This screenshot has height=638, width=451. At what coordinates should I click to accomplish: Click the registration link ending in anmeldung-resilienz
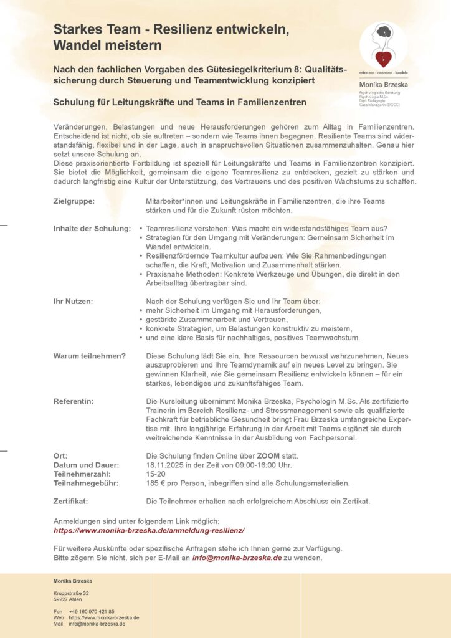[x=149, y=530]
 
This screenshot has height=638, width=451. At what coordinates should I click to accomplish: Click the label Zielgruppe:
[x=74, y=201]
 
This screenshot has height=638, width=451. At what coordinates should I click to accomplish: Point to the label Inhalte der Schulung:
[x=92, y=228]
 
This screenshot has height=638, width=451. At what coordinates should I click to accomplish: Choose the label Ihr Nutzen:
[x=74, y=302]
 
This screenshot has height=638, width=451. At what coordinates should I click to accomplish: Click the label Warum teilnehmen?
[x=90, y=356]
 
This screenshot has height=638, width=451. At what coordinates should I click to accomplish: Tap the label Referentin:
[x=74, y=401]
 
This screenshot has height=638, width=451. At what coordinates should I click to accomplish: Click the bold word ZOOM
[x=268, y=455]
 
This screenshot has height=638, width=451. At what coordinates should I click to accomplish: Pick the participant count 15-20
[x=156, y=474]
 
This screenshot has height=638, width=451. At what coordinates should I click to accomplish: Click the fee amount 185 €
[x=156, y=483]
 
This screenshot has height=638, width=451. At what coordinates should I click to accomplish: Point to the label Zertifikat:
[x=71, y=501]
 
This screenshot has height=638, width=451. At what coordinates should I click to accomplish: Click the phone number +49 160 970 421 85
[x=92, y=611]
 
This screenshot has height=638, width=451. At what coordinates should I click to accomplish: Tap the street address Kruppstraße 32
[x=71, y=593]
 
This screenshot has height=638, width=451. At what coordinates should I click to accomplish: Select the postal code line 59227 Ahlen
[x=67, y=599]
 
